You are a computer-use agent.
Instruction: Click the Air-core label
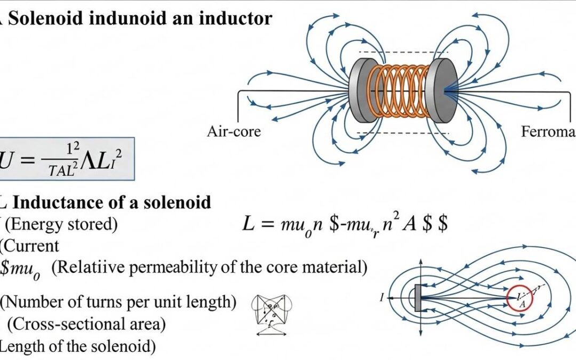pos(234,131)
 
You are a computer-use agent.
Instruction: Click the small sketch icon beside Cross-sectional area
pos(272,315)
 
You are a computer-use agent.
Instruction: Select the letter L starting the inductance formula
pos(249,225)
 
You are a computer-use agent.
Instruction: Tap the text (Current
pos(29,246)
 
